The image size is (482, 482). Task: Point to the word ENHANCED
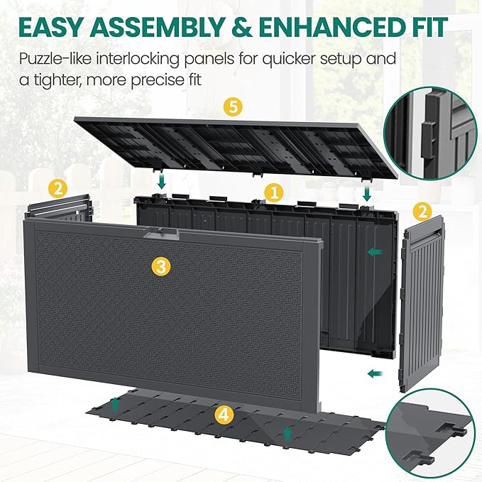[x=331, y=28]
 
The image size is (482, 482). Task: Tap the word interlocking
[x=138, y=60]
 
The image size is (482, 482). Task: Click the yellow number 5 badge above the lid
[x=233, y=107]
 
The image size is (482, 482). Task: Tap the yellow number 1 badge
[x=273, y=194]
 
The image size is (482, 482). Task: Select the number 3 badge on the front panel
[x=161, y=266]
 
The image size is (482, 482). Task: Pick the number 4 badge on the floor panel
[x=224, y=414]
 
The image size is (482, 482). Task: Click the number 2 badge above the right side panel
[x=422, y=212]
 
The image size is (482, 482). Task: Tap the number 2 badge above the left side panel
[x=58, y=189]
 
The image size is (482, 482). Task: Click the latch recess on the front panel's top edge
[x=161, y=234]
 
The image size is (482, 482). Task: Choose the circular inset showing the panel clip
[x=432, y=134]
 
